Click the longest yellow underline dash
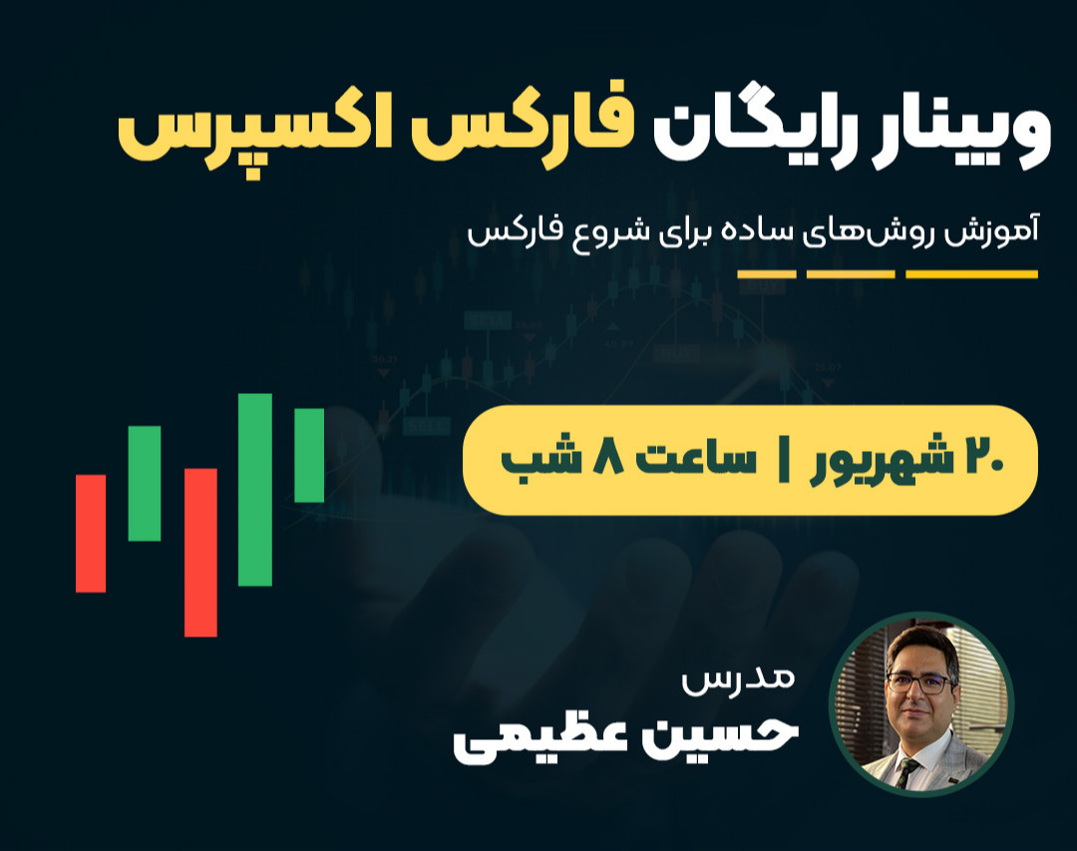pos(971,274)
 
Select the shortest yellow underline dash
pos(767,274)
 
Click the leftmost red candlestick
pos(91,533)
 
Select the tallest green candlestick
pos(255,489)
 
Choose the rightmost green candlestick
pos(309,455)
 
